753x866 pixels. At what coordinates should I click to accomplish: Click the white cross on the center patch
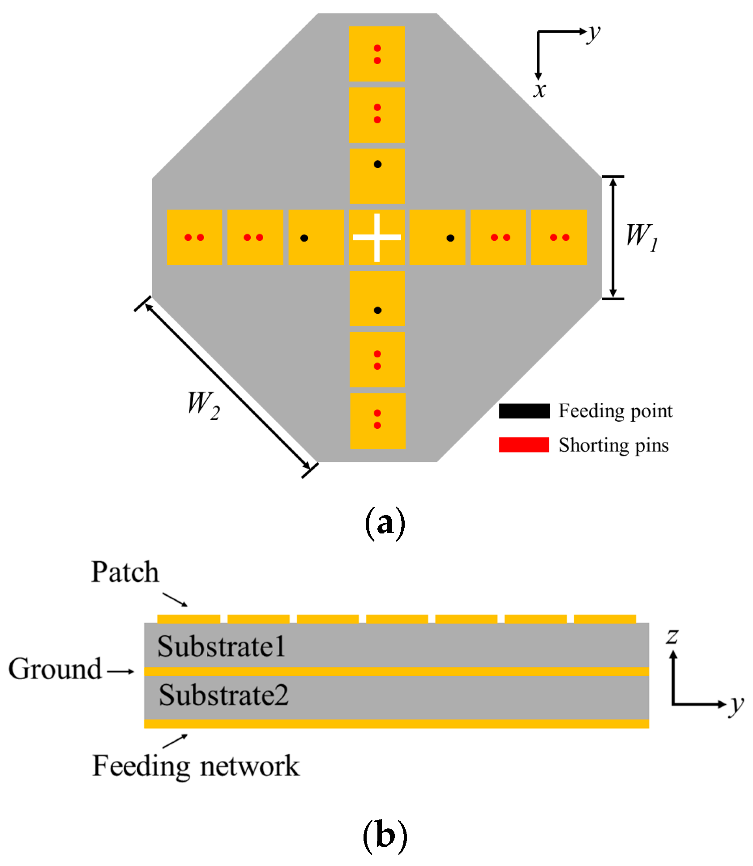[376, 237]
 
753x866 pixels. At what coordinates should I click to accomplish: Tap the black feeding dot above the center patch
[377, 164]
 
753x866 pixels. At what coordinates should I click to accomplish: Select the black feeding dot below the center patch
[377, 310]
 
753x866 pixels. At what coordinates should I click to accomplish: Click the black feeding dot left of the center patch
[304, 238]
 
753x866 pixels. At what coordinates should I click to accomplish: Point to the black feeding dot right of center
[450, 238]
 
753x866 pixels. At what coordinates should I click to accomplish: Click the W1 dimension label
[642, 237]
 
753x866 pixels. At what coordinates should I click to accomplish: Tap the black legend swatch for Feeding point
[524, 411]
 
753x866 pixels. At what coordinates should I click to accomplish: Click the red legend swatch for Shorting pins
[524, 445]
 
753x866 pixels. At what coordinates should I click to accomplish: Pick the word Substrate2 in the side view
[223, 695]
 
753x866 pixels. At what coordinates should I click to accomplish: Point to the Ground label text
[55, 669]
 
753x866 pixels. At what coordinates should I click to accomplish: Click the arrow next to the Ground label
[120, 671]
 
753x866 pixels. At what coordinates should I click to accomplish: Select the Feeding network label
[196, 766]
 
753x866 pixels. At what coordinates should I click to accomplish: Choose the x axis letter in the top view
[540, 90]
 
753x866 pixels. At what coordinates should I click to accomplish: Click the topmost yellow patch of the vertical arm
[377, 54]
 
